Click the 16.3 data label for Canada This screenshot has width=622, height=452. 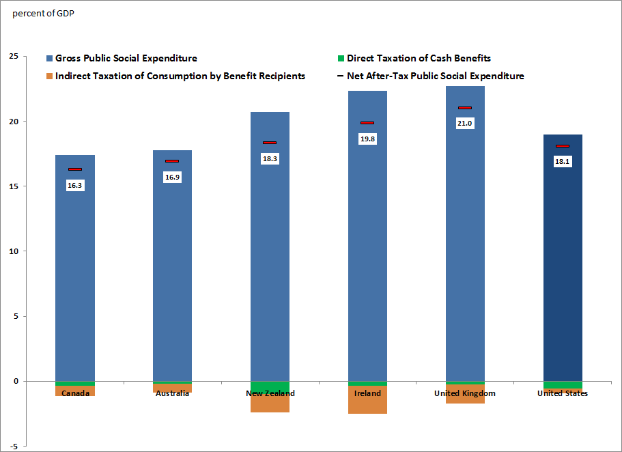(x=75, y=185)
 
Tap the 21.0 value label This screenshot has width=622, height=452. (x=465, y=124)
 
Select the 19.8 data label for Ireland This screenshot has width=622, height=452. (x=367, y=139)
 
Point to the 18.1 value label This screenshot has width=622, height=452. (x=563, y=162)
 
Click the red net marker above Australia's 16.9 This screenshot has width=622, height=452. (x=172, y=161)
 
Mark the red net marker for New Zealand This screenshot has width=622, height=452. (x=270, y=143)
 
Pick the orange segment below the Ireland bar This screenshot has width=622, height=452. (x=367, y=404)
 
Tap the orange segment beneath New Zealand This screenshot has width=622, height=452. (x=270, y=405)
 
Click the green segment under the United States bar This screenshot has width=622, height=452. (x=563, y=385)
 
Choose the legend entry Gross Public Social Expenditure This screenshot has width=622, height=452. (x=126, y=59)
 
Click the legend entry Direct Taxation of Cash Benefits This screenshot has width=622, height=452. (x=419, y=59)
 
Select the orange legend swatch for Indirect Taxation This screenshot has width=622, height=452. (x=50, y=76)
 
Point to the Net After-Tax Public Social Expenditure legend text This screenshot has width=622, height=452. (x=435, y=76)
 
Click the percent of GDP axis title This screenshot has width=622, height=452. (x=43, y=14)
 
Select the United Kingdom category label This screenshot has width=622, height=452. (x=465, y=393)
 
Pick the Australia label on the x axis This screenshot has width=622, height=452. (x=172, y=393)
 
